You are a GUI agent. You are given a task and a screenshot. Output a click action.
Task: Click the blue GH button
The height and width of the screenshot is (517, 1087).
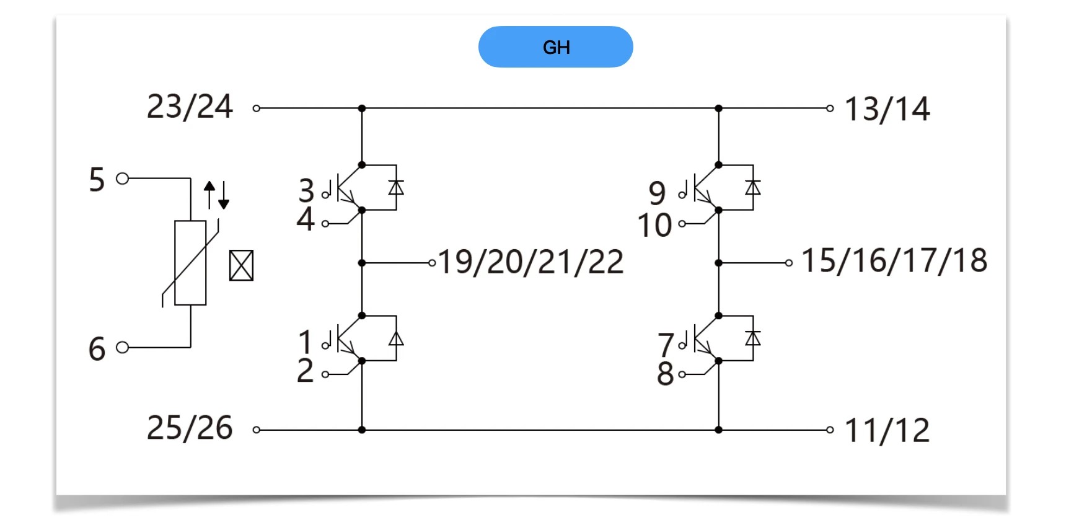555,47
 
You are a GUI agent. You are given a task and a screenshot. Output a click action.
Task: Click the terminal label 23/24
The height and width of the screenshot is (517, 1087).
190,107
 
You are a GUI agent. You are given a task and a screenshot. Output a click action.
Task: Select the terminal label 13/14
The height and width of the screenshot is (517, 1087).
887,109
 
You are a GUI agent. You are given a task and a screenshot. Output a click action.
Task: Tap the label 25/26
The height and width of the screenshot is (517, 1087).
190,428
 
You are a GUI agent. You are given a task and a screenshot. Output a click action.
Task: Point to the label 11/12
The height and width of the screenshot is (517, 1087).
887,430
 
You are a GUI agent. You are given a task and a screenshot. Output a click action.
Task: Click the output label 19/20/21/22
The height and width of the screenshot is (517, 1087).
530,262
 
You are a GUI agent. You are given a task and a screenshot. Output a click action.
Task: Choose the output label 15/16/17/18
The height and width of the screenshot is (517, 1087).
894,260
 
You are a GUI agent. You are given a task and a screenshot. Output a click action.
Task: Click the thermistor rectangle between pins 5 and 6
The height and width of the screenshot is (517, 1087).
190,263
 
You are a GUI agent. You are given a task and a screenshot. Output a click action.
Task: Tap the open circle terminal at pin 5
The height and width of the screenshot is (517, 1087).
123,179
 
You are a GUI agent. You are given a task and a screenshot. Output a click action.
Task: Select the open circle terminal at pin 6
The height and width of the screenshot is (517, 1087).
123,347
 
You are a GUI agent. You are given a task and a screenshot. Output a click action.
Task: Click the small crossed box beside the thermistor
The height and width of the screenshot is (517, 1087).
241,265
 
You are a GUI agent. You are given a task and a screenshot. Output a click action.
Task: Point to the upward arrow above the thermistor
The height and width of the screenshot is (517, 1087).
209,193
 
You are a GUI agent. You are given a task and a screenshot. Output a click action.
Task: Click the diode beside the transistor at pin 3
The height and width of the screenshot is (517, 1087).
396,187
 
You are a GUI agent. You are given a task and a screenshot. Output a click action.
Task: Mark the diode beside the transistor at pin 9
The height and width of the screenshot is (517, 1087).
753,187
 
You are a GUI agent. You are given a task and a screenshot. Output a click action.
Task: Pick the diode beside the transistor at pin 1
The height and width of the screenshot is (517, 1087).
396,338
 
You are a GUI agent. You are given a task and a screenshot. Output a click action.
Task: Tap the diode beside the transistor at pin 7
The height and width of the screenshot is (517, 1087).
753,338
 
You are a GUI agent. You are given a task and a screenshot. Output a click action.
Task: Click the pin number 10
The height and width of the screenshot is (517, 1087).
654,225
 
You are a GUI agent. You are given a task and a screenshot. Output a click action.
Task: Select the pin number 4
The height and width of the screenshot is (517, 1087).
306,219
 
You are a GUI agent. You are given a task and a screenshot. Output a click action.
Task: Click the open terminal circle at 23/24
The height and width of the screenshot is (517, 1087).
257,108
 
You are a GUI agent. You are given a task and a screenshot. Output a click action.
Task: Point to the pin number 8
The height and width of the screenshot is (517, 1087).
665,374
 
